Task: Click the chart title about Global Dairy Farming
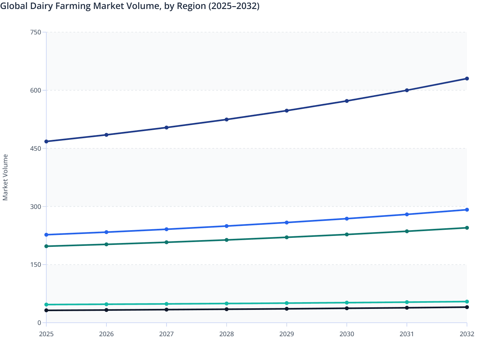tap(130, 6)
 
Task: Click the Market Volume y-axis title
tap(5, 177)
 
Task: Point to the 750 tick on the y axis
tap(36, 32)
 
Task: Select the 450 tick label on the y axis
tap(36, 148)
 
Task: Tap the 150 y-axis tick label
tap(36, 265)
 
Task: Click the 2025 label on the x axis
tap(46, 334)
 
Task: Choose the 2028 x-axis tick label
tap(226, 334)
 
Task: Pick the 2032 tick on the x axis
tap(467, 334)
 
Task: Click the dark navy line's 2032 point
tap(467, 79)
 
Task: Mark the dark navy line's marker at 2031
tap(407, 90)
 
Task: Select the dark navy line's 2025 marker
tap(46, 141)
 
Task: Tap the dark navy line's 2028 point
tap(226, 120)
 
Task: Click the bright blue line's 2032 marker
tap(467, 210)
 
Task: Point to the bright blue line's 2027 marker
tap(167, 229)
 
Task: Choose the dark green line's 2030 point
tap(347, 235)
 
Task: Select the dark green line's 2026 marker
tap(106, 244)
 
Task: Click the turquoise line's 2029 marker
tap(287, 303)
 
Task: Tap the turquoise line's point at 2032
tap(467, 301)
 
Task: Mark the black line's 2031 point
tap(407, 308)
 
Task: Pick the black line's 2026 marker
tap(106, 310)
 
